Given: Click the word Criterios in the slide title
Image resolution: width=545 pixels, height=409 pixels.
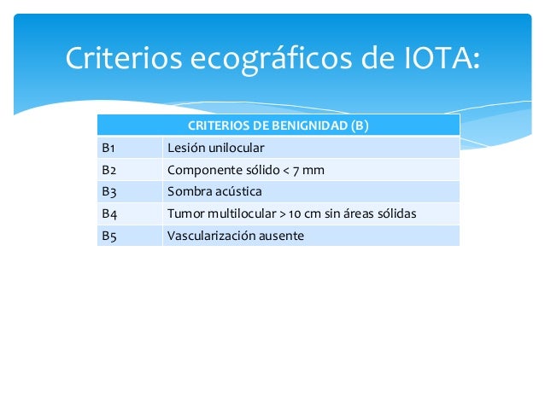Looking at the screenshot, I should tap(121, 58).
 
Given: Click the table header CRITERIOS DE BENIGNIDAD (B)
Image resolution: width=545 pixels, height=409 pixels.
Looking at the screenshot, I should tap(278, 126).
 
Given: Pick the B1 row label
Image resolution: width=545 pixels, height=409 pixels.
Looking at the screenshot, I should tap(108, 148).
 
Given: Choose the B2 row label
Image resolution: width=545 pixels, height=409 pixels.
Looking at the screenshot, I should tap(109, 170).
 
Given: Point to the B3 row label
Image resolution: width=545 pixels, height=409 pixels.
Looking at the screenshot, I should tap(109, 191).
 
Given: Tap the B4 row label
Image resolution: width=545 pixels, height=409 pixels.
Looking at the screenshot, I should tap(109, 213).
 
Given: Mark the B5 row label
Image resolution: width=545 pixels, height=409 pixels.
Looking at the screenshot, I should tap(109, 236).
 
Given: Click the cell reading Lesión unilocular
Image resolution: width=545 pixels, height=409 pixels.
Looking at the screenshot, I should tap(215, 148).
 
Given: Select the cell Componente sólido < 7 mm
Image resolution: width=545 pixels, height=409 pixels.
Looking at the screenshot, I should tap(246, 170).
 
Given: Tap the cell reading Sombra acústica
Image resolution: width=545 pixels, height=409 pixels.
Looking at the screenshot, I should tap(214, 191).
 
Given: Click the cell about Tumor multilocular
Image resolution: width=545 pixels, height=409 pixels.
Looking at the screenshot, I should tap(291, 213).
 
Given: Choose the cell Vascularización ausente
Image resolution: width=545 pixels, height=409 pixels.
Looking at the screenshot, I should tap(235, 236).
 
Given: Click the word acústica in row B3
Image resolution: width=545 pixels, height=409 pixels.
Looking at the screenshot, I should tap(239, 191).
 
